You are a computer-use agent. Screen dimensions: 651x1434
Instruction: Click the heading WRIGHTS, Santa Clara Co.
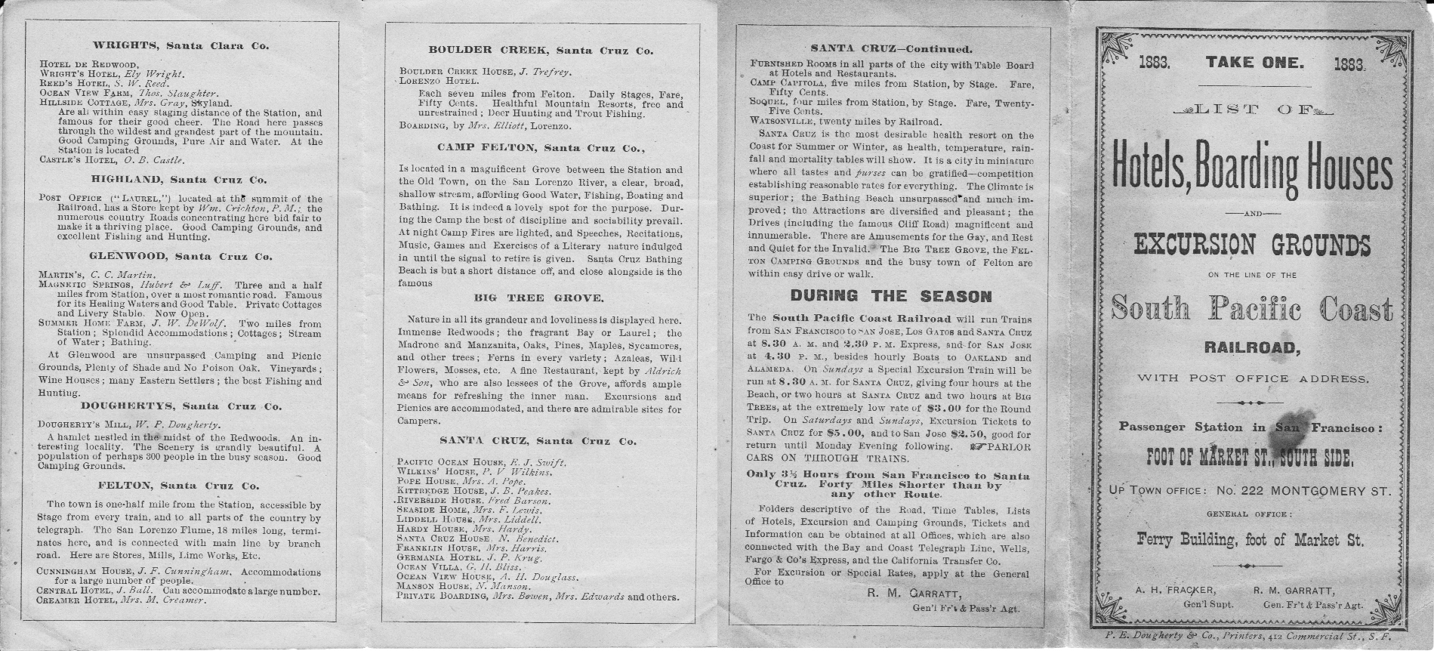click(x=180, y=46)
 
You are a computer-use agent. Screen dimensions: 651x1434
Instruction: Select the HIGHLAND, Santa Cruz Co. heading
click(x=179, y=180)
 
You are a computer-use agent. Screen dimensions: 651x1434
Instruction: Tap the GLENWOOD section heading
click(x=180, y=257)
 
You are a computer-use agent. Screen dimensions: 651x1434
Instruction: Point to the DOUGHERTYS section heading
click(x=180, y=406)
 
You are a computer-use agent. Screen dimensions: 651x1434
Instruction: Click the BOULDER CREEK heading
click(x=541, y=51)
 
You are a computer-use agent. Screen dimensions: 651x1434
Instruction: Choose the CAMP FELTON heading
click(x=541, y=147)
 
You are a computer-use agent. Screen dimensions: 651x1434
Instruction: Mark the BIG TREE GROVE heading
click(x=539, y=298)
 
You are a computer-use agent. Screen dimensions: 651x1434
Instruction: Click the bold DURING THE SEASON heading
click(x=891, y=296)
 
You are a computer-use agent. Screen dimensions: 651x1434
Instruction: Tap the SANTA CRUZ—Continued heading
click(x=891, y=49)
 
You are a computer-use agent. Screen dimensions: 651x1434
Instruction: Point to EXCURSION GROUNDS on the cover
click(x=1252, y=245)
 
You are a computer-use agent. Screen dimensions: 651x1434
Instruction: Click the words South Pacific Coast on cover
click(x=1252, y=310)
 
